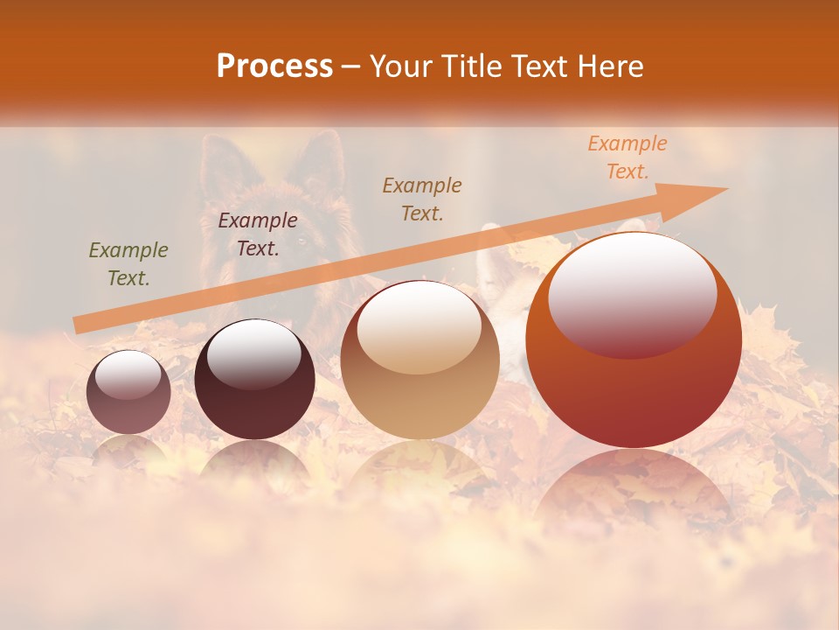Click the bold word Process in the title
[274, 66]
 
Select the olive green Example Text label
[128, 264]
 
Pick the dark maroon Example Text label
[257, 234]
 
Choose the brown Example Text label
[421, 199]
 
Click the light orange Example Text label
[627, 157]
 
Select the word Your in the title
[401, 66]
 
